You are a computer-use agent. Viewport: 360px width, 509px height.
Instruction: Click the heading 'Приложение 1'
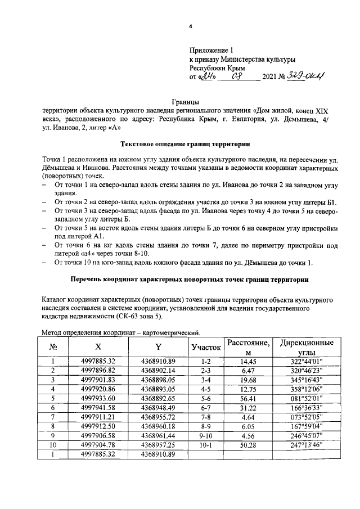(x=211, y=49)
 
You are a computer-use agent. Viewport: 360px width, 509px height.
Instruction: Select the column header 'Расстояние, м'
(x=248, y=348)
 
